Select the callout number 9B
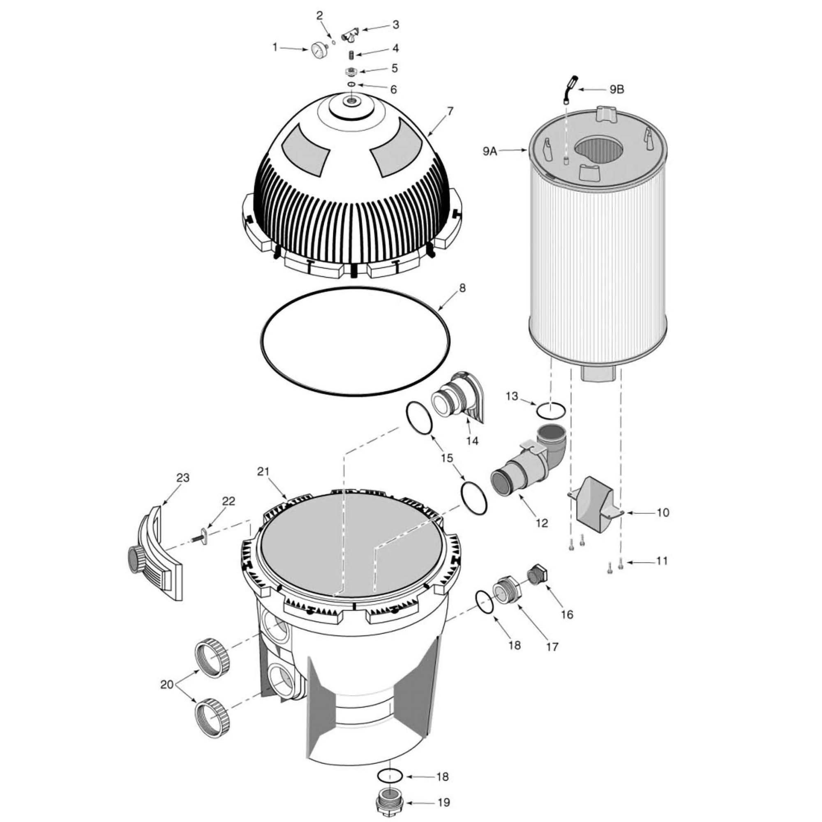pyautogui.click(x=616, y=90)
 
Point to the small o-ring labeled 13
pyautogui.click(x=551, y=411)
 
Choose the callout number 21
pyautogui.click(x=263, y=471)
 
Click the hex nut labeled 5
pyautogui.click(x=351, y=70)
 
